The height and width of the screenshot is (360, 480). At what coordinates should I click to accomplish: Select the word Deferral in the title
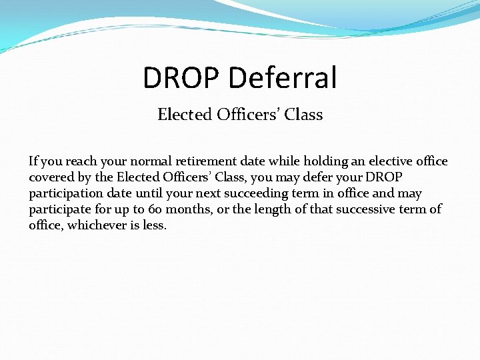[x=283, y=78]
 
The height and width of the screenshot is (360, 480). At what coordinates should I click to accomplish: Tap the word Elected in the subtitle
[x=184, y=115]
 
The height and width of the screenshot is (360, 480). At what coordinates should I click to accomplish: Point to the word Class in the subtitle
[x=303, y=115]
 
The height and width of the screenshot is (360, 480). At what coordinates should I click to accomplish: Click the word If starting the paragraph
[x=33, y=161]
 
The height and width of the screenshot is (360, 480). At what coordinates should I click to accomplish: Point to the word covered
[x=50, y=177]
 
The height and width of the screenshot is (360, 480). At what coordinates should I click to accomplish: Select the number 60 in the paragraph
[x=155, y=209]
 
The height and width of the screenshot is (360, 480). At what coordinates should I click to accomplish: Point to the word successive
[x=362, y=209]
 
